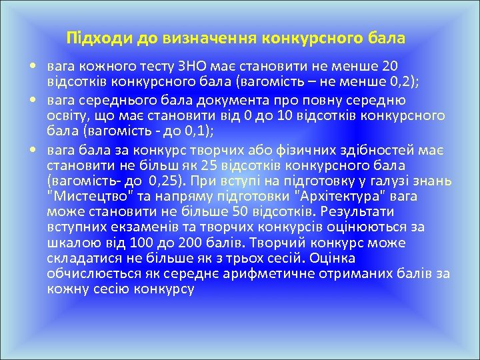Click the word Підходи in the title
[x=93, y=38]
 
